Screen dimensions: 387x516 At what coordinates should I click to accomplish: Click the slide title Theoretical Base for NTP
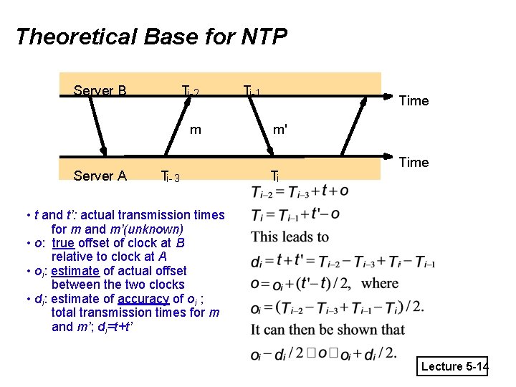[x=151, y=36]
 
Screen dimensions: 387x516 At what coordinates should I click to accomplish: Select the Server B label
[x=100, y=91]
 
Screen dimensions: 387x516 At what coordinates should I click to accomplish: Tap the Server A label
[x=100, y=176]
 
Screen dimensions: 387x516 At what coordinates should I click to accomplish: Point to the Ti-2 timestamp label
[x=191, y=92]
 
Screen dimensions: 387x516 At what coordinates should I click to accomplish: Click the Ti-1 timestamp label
[x=252, y=92]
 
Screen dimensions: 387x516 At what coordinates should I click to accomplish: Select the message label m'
[x=280, y=130]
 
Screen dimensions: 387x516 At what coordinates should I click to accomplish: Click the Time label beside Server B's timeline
[x=414, y=101]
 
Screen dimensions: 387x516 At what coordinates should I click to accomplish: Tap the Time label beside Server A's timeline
[x=414, y=163]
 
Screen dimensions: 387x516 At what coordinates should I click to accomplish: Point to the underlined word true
[x=64, y=243]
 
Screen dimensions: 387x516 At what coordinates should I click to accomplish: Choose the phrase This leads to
[x=290, y=237]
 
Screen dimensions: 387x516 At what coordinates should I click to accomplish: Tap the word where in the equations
[x=380, y=283]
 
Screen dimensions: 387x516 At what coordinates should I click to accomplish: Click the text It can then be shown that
[x=328, y=330]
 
